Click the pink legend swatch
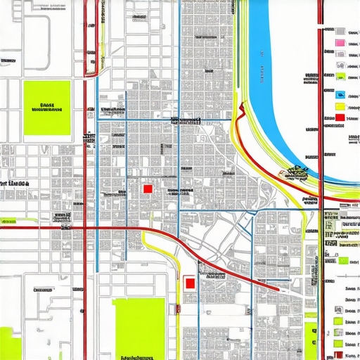(340, 44)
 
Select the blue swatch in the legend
(340, 95)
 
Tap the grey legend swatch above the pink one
(340, 31)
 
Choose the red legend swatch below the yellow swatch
(340, 117)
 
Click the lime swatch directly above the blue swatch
(340, 77)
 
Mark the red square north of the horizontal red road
(148, 188)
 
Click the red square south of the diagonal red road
(188, 283)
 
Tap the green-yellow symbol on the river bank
(296, 172)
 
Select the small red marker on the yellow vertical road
(178, 307)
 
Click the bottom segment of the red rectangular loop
(91, 72)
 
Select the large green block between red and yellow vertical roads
(139, 327)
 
